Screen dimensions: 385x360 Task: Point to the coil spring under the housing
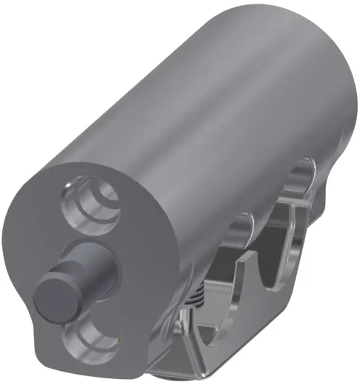(194, 301)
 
